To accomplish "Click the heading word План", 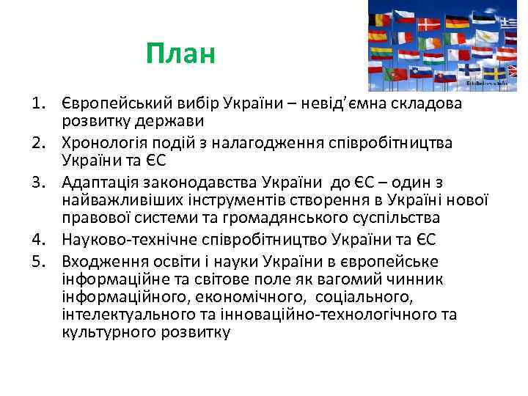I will point(180,53).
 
